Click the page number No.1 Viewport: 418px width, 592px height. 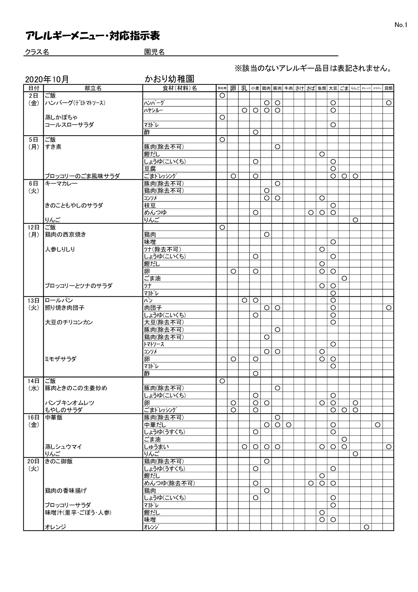tap(401, 25)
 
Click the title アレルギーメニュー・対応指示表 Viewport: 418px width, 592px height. tap(92, 36)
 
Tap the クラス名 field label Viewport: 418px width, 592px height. tap(37, 52)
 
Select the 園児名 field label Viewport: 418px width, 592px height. tap(154, 52)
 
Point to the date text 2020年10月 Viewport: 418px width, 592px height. tap(47, 79)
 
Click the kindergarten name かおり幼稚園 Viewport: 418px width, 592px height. tap(169, 79)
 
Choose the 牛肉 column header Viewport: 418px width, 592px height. tap(288, 88)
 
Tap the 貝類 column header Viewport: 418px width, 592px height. tap(388, 88)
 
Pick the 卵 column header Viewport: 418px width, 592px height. tap(233, 88)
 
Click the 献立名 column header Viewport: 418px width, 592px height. tap(93, 88)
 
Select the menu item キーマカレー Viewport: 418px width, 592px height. tap(61, 183)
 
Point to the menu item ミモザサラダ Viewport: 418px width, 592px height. tap(61, 359)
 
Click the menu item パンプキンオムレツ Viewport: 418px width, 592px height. tap(70, 403)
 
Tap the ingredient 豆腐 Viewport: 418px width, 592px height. tap(150, 169)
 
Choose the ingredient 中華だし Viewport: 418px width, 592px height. tap(155, 425)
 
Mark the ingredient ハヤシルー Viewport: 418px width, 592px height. tap(154, 110)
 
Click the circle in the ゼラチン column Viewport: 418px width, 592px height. tap(378, 425)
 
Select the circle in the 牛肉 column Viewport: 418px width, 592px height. tap(288, 425)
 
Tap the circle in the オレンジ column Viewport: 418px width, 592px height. tap(366, 527)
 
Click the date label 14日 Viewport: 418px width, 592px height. tap(34, 381)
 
